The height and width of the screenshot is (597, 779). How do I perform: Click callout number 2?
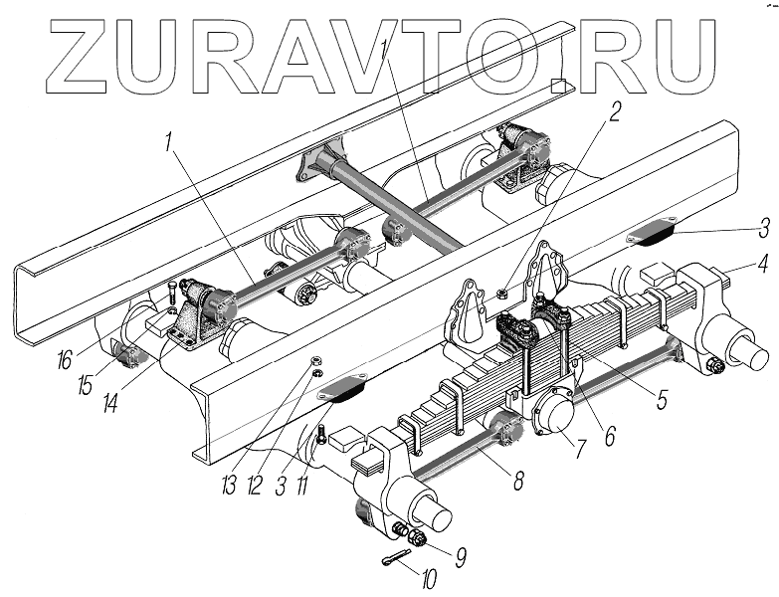coord(615,111)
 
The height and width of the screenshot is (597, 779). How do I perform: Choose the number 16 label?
coord(65,359)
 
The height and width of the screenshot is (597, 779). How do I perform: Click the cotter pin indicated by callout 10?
coord(394,563)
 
